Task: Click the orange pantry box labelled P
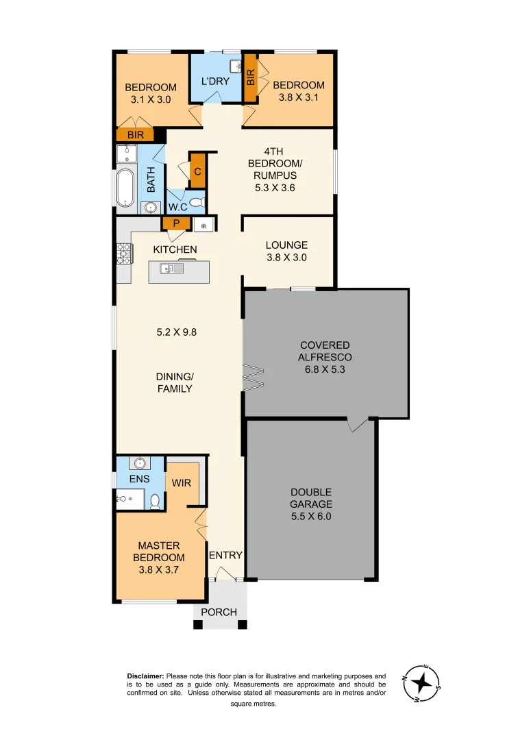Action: tap(175, 223)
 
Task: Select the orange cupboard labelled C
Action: tap(197, 172)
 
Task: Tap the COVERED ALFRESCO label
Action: tap(324, 351)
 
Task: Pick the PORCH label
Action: tap(220, 612)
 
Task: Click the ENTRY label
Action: tap(225, 555)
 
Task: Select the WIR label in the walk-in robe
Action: tap(182, 482)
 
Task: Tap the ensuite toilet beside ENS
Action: tap(156, 501)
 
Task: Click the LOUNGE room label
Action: tap(286, 245)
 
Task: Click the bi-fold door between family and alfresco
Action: tap(254, 377)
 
